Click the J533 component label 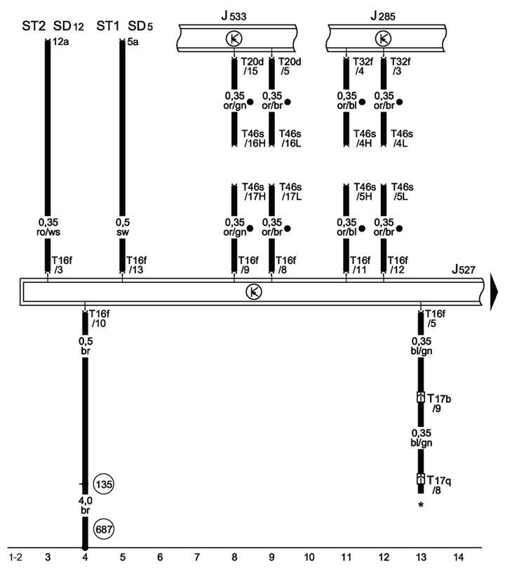pyautogui.click(x=234, y=16)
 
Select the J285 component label pyautogui.click(x=383, y=16)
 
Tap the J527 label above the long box pyautogui.click(x=464, y=270)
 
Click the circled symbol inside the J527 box pyautogui.click(x=254, y=291)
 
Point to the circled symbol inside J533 pyautogui.click(x=234, y=39)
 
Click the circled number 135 pyautogui.click(x=104, y=484)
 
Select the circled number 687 pyautogui.click(x=104, y=529)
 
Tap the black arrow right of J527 pyautogui.click(x=494, y=292)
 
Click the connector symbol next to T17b pyautogui.click(x=420, y=397)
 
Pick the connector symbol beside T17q pyautogui.click(x=420, y=479)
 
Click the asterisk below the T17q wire pyautogui.click(x=421, y=505)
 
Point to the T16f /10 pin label pyautogui.click(x=99, y=319)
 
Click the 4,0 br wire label pyautogui.click(x=86, y=506)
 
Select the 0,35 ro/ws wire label pyautogui.click(x=48, y=227)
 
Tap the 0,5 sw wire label pyautogui.click(x=123, y=227)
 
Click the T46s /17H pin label pyautogui.click(x=253, y=192)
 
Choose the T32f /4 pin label pyautogui.click(x=363, y=66)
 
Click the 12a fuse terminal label pyautogui.click(x=60, y=41)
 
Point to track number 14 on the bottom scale pyautogui.click(x=458, y=557)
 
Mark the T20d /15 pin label pyautogui.click(x=252, y=66)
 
